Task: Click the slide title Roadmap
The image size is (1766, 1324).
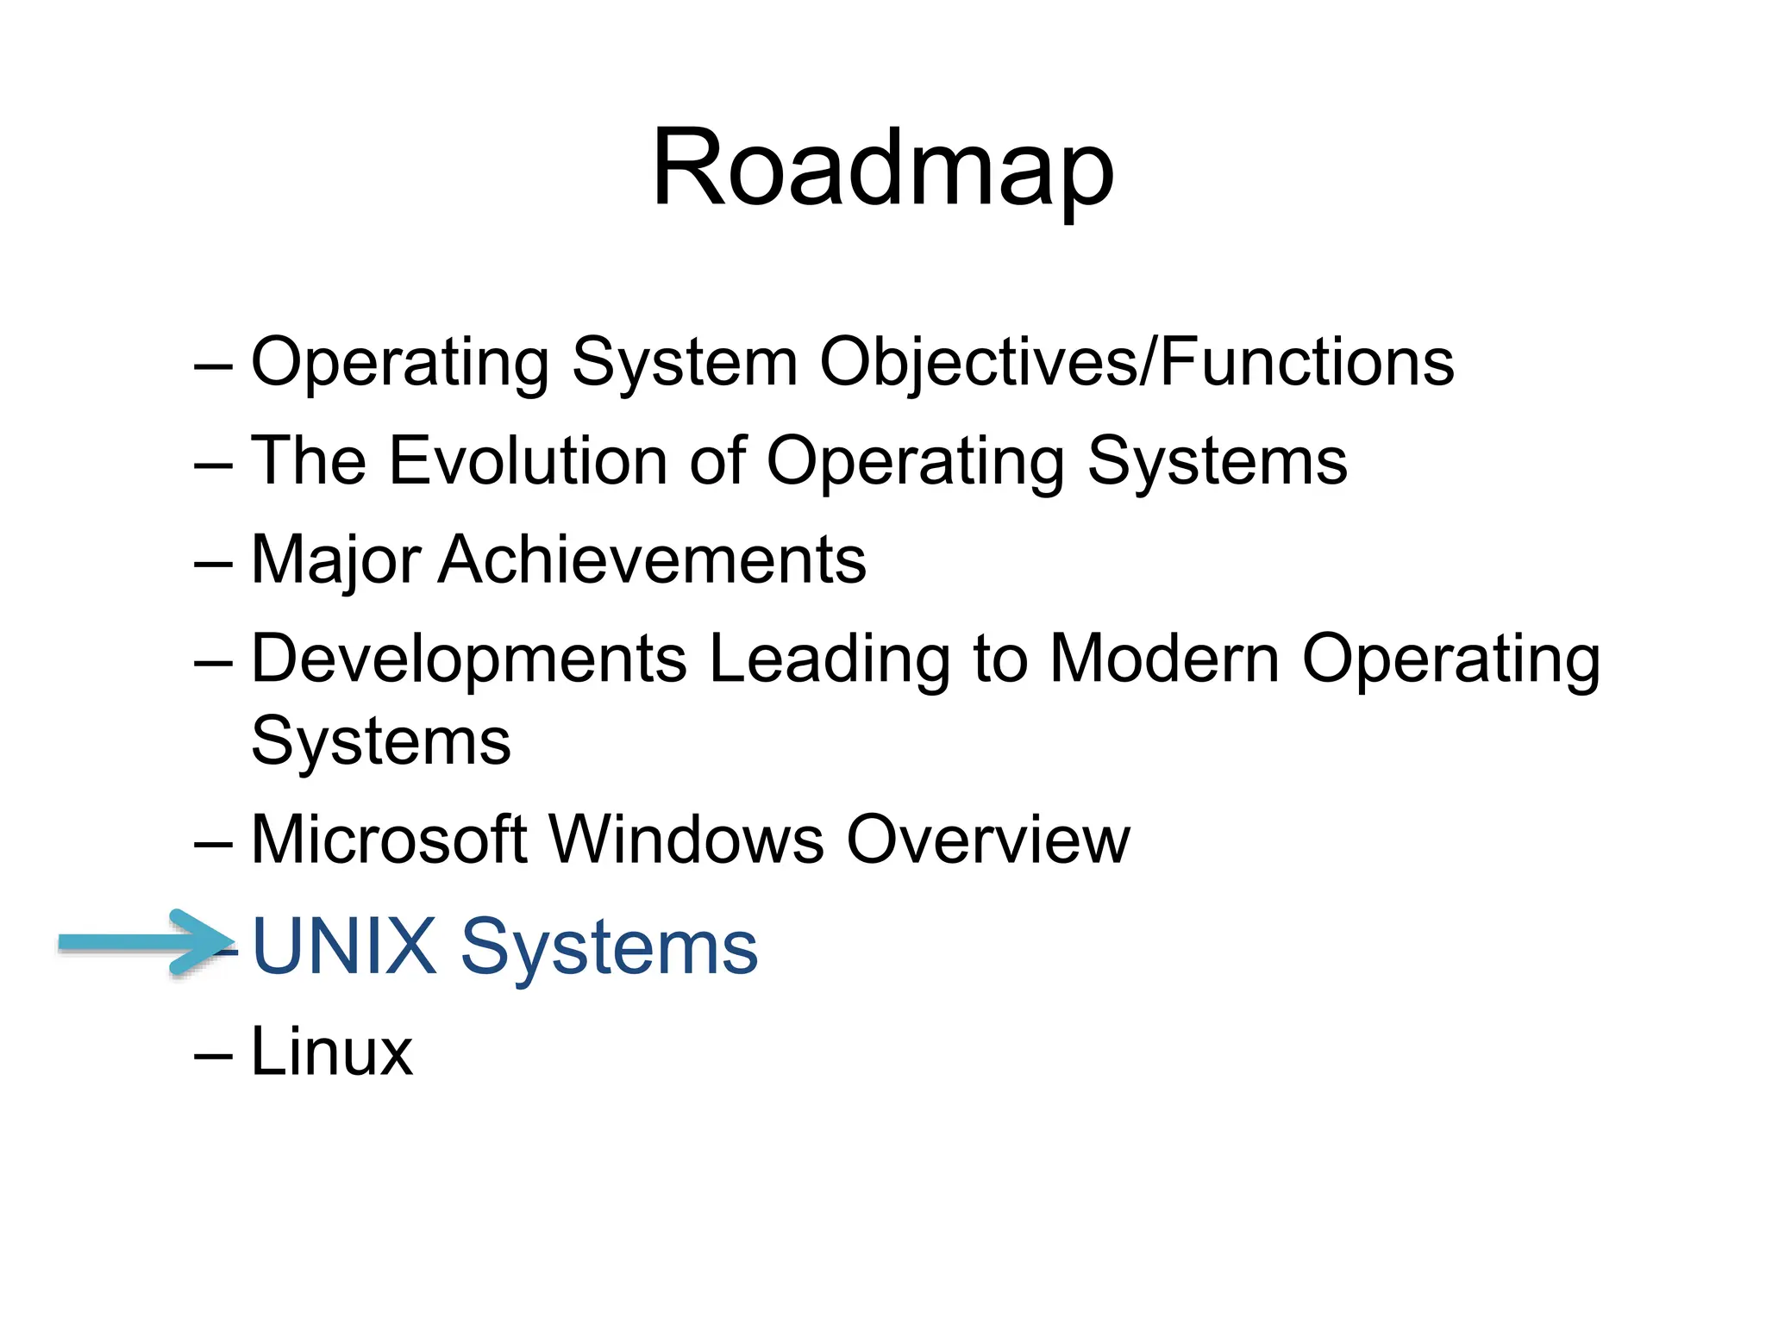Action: tap(882, 168)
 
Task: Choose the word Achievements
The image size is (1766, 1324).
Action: tap(652, 560)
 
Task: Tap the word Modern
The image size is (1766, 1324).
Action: tap(1163, 659)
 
